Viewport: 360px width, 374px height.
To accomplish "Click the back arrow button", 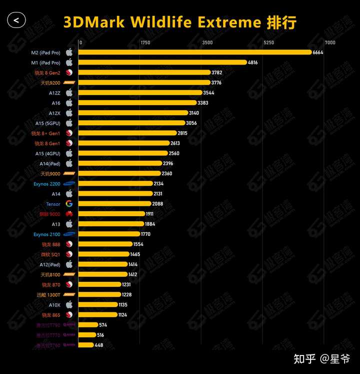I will click(x=16, y=20).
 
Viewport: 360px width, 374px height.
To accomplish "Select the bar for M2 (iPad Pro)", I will click(x=195, y=53).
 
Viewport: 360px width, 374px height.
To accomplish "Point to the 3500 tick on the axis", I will click(x=207, y=43).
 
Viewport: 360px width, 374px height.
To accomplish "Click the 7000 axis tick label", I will click(x=330, y=43).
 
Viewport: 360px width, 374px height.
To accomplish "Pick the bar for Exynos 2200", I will click(x=115, y=184).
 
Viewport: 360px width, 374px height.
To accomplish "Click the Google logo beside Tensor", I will click(x=69, y=204).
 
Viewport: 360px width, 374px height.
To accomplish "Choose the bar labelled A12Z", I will click(x=140, y=93).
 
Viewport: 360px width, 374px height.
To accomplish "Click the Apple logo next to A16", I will click(x=69, y=103).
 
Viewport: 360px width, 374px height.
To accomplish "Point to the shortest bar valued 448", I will click(x=86, y=345).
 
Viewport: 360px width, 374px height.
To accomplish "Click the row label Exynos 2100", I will click(x=48, y=234).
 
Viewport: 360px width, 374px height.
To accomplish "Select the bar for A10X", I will click(x=98, y=304).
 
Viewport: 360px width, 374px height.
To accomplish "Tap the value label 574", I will click(x=103, y=325).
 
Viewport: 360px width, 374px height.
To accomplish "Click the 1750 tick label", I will click(x=145, y=43).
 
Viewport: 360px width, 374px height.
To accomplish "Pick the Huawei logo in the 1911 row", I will click(x=69, y=214).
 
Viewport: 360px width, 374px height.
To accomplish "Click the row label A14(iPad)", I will click(x=50, y=164).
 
